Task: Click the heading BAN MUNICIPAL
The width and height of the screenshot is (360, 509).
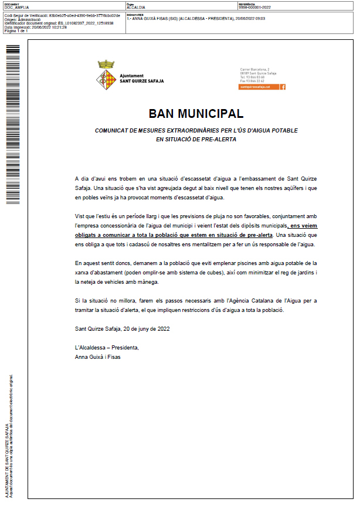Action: (x=196, y=113)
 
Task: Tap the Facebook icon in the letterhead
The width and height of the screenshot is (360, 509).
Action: (x=283, y=87)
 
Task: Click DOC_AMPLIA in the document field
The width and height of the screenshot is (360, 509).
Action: (x=16, y=8)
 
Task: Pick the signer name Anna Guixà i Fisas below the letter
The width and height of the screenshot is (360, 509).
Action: (x=97, y=356)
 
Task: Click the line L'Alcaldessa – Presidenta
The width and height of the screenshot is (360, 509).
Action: (x=107, y=348)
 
